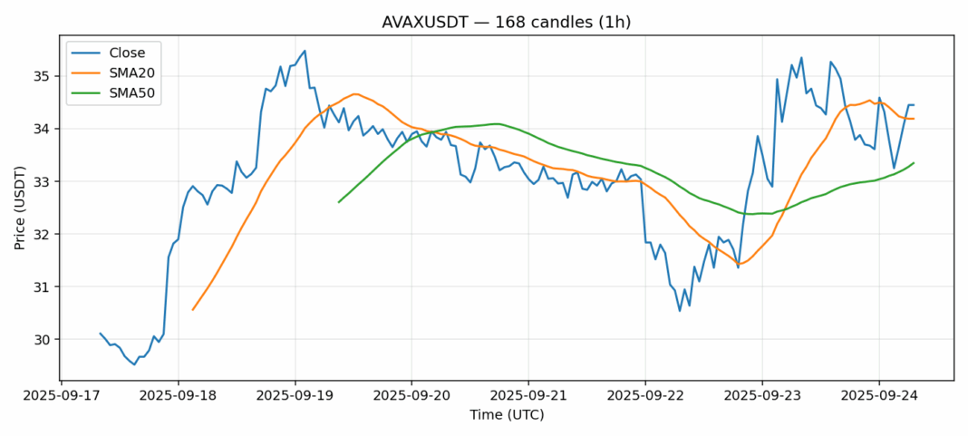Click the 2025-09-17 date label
[61, 396]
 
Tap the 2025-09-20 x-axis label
[411, 396]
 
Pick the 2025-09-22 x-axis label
[645, 396]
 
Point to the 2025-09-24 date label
[878, 396]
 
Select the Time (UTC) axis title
[507, 414]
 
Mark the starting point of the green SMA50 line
[339, 201]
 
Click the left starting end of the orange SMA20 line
[193, 310]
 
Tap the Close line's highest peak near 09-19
[305, 51]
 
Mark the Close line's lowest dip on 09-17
[134, 364]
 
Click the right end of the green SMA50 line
[914, 163]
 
